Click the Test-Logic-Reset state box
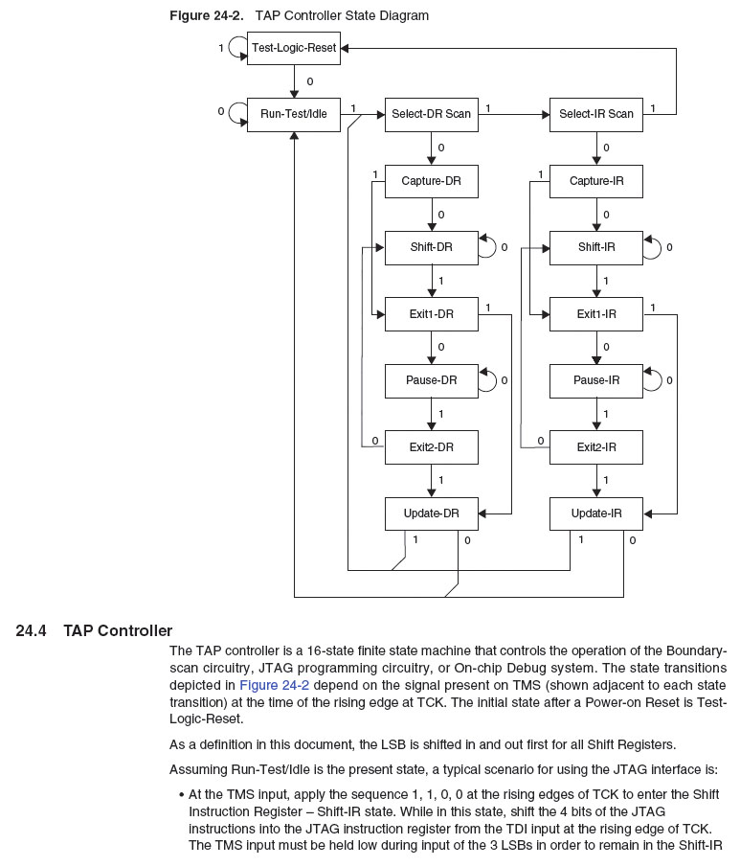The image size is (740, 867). [293, 47]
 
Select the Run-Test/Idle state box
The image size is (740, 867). [293, 114]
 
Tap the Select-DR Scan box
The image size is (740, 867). [431, 114]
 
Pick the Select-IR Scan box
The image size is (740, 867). [595, 114]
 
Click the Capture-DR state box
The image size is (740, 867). [431, 181]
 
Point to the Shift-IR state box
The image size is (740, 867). [595, 247]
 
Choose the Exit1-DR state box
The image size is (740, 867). [431, 313]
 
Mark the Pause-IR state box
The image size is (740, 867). [595, 380]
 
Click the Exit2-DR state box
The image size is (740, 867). [431, 446]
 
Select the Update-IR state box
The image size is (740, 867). [595, 513]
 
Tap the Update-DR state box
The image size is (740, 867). [431, 513]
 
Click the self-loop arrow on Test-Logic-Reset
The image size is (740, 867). [235, 47]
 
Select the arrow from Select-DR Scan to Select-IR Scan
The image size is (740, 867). [513, 114]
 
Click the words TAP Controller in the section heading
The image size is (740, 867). [118, 630]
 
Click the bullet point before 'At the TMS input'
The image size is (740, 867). [181, 794]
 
